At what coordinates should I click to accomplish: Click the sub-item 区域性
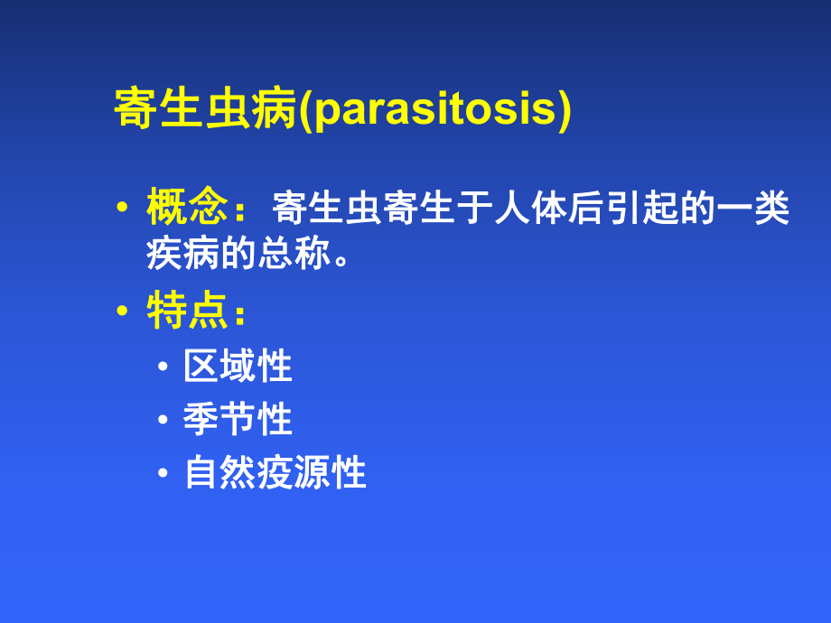coord(238,367)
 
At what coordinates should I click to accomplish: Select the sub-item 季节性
coord(238,420)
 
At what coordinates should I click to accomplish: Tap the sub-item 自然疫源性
coord(275,473)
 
